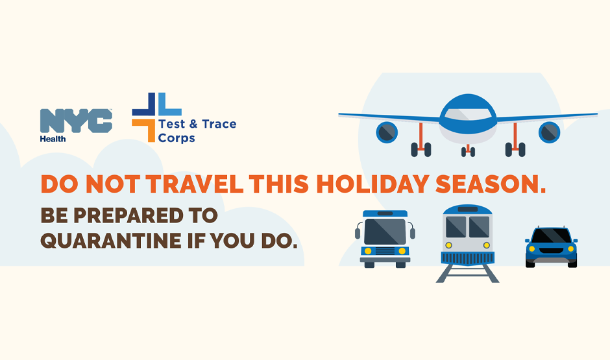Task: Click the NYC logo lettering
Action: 77,121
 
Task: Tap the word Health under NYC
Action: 53,139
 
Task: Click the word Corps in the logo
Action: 177,138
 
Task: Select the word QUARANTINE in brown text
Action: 111,241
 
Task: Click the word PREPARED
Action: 128,216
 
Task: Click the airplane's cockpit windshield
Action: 468,115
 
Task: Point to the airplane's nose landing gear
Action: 468,150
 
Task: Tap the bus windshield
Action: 385,232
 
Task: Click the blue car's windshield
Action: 551,235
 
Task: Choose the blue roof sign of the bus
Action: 385,213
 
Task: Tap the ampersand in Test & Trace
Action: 193,124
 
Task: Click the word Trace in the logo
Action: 219,124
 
